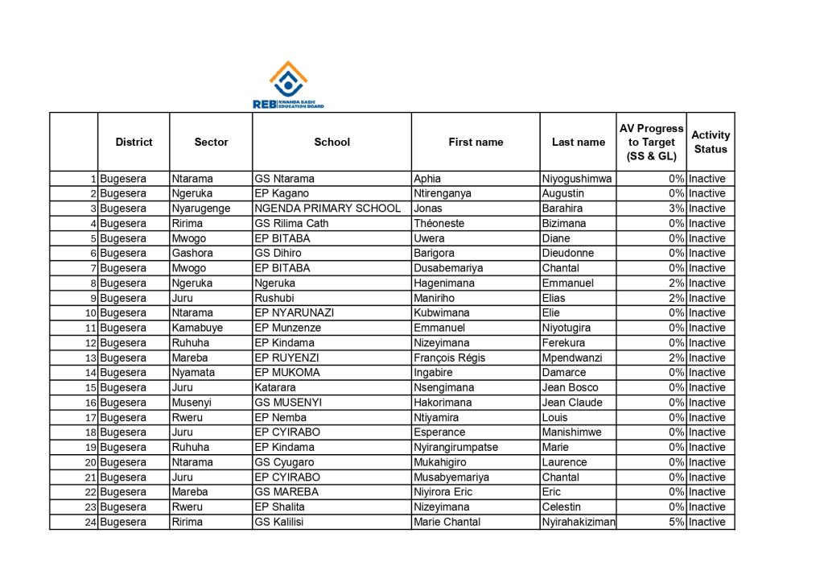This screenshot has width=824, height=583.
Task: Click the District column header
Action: pos(134,142)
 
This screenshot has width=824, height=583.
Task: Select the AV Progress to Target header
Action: pos(651,142)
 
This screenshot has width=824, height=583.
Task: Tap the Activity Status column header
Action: pos(711,142)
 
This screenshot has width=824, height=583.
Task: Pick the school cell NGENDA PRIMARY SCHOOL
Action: pos(328,209)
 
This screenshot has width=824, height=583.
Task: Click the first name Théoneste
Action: pos(439,223)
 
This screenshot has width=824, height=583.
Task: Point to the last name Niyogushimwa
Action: pos(577,179)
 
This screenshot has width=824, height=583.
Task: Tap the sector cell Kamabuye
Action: pos(197,328)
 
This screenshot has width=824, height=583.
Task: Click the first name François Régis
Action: pos(449,358)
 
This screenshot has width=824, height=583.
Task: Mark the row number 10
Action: pos(91,313)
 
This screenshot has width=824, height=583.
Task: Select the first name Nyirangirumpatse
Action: pos(455,447)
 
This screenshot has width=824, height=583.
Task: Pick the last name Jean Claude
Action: pos(572,403)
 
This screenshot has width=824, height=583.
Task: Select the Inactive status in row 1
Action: pos(707,179)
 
